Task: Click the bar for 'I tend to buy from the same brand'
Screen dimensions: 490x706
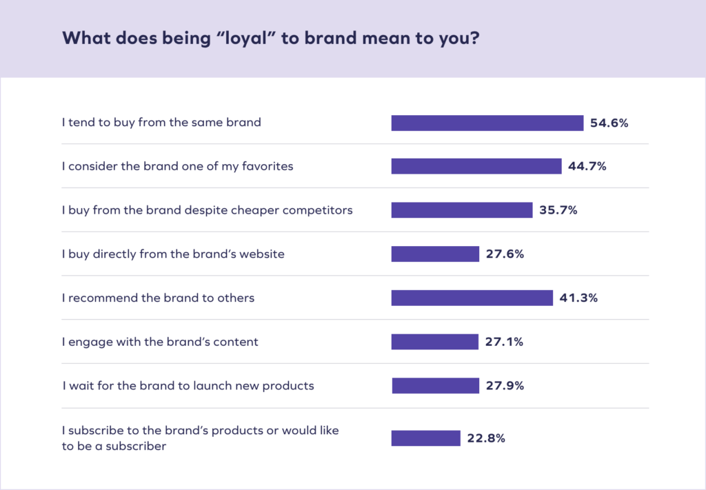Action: [x=487, y=123]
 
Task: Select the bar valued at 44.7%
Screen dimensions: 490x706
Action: [x=476, y=166]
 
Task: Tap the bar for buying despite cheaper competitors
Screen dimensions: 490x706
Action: [x=461, y=210]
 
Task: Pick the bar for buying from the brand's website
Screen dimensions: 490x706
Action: [x=434, y=254]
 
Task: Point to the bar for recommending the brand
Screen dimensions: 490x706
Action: [x=472, y=298]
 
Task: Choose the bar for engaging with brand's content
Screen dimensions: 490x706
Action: [x=434, y=342]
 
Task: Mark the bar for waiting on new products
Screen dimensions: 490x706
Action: [x=435, y=385]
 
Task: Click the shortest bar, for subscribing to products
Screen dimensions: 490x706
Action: [x=425, y=438]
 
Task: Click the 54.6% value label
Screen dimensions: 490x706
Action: [x=609, y=123]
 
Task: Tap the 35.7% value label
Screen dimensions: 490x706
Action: [x=558, y=210]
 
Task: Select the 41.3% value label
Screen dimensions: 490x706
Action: [x=578, y=298]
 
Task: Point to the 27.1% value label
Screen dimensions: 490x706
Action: [x=504, y=342]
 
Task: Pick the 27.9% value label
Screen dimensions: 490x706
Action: [x=505, y=385]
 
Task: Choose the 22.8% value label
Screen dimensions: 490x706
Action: [x=485, y=438]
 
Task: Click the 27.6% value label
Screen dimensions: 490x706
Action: [x=505, y=254]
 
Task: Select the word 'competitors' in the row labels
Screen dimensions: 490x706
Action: [x=319, y=210]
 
